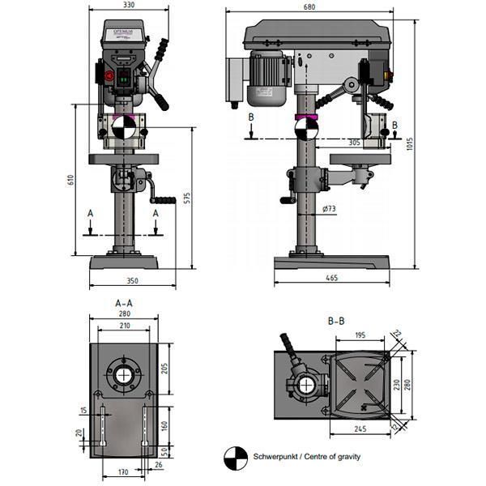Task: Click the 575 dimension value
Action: pos(187,198)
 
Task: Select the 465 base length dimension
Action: pos(331,279)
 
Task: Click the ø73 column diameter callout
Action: pos(329,209)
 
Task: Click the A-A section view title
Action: pos(124,302)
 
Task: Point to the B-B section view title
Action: pos(335,321)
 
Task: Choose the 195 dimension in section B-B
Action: pos(360,334)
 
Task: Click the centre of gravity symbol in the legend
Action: pos(236,457)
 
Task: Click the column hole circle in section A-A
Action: pos(124,375)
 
